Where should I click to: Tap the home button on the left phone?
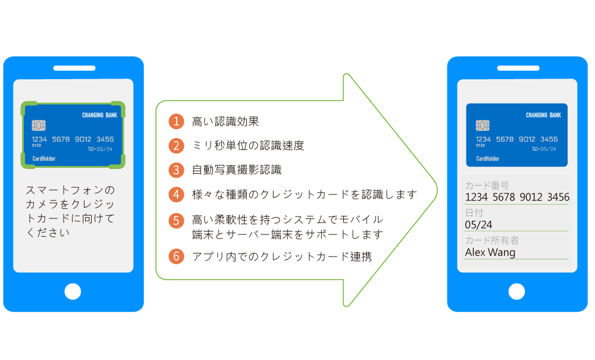[73, 292]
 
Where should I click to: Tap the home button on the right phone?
[516, 292]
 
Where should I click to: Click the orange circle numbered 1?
[176, 122]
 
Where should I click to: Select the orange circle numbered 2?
[176, 146]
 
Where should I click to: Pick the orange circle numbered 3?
[176, 170]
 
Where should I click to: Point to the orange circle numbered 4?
[176, 194]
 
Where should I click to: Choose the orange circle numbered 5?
[176, 221]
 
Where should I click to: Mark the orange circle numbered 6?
[176, 256]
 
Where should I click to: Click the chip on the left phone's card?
[39, 126]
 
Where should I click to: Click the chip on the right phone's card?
[483, 126]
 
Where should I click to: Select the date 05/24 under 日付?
[478, 224]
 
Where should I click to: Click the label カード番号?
[487, 186]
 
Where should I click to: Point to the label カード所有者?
[491, 240]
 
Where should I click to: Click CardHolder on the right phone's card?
[488, 159]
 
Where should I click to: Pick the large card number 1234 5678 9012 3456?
[516, 197]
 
